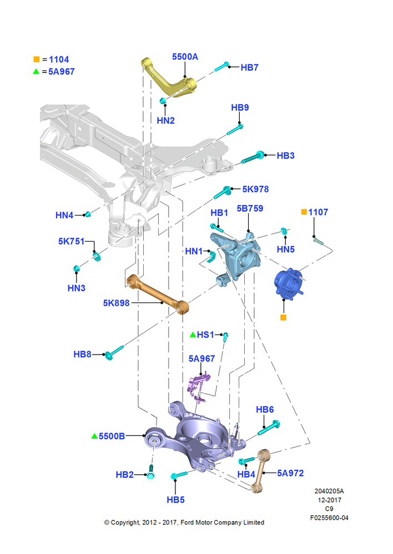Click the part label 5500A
[x=185, y=57]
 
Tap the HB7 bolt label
[x=249, y=68]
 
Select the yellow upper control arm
[x=169, y=79]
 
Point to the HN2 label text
[x=166, y=120]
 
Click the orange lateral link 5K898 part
[x=157, y=293]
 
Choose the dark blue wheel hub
[x=288, y=283]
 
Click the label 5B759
[x=250, y=208]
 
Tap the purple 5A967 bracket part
[x=198, y=387]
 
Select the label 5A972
[x=290, y=473]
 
